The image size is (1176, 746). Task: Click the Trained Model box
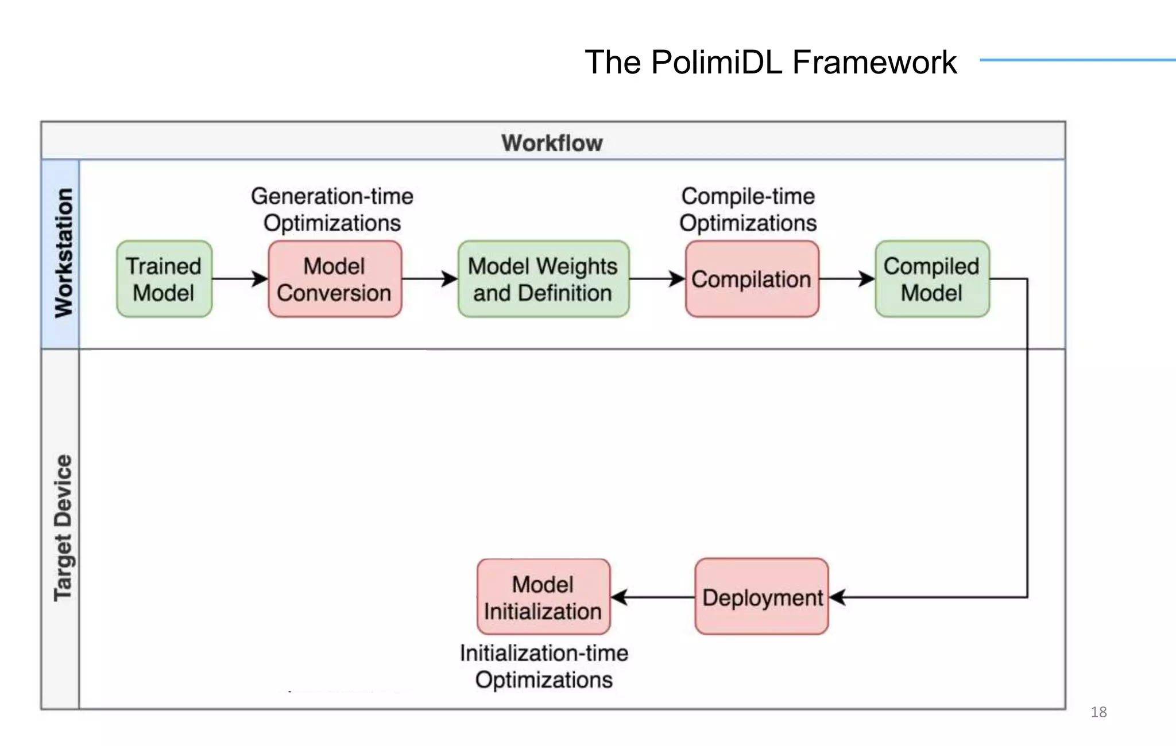coord(164,279)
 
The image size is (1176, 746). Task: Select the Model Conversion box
coord(335,279)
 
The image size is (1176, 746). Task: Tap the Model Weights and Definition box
coord(543,279)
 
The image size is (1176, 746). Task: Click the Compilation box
coord(752,279)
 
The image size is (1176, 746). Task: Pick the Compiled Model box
coord(932,279)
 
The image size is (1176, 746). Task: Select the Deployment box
coord(761,597)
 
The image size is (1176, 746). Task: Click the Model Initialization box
coord(543,597)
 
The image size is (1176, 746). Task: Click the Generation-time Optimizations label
coord(332,209)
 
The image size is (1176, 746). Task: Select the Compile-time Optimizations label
coord(748,209)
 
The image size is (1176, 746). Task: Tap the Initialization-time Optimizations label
coord(544,666)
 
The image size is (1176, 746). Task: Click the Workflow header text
coord(552,143)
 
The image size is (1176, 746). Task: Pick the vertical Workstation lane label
coord(63,253)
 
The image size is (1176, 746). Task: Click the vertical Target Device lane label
coord(63,528)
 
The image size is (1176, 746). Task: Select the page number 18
coord(1098,712)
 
